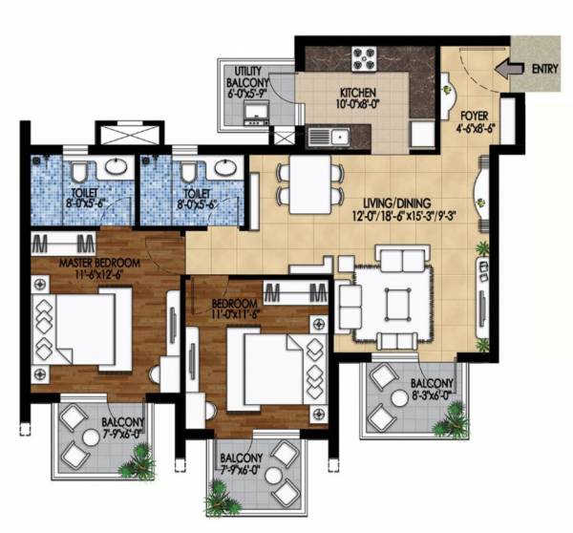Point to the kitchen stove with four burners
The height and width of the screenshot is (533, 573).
point(366,58)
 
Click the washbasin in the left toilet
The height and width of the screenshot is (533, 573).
point(116,166)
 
